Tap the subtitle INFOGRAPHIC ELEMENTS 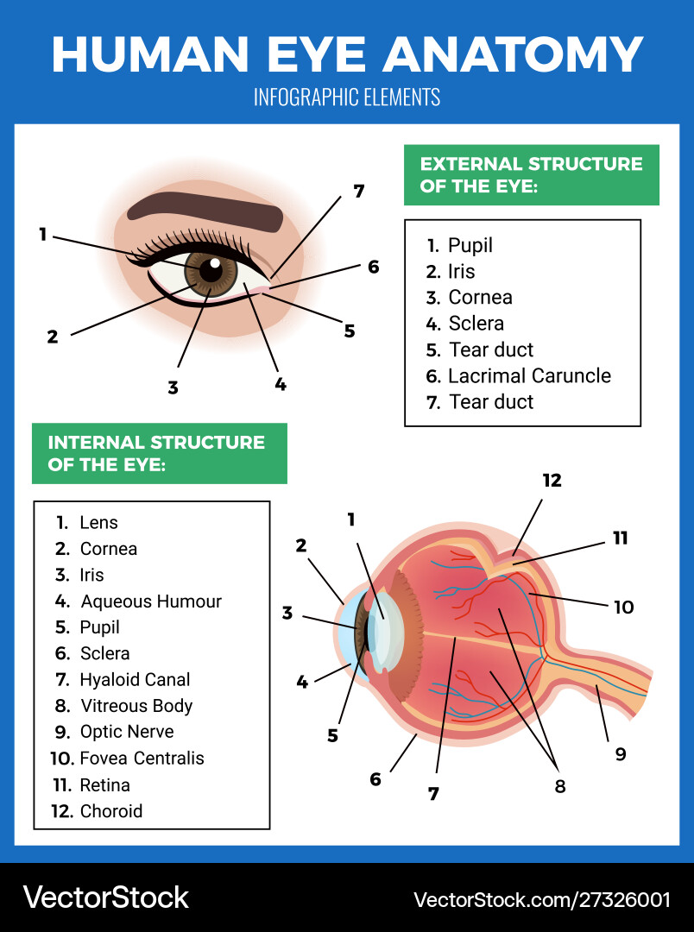[x=347, y=97]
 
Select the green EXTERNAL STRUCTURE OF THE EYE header [x=531, y=174]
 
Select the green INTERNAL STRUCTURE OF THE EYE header [x=159, y=453]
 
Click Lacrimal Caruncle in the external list [x=529, y=376]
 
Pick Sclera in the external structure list [x=476, y=324]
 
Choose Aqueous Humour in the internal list [x=150, y=601]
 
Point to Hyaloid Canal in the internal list [x=135, y=680]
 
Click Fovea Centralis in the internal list [x=142, y=759]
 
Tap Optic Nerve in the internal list [x=126, y=732]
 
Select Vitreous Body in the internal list [x=136, y=706]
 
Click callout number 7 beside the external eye [x=359, y=192]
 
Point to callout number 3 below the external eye [x=173, y=387]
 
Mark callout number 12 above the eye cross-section [x=552, y=481]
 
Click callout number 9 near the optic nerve [x=620, y=754]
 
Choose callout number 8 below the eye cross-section [x=560, y=786]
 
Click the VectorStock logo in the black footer [x=105, y=897]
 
